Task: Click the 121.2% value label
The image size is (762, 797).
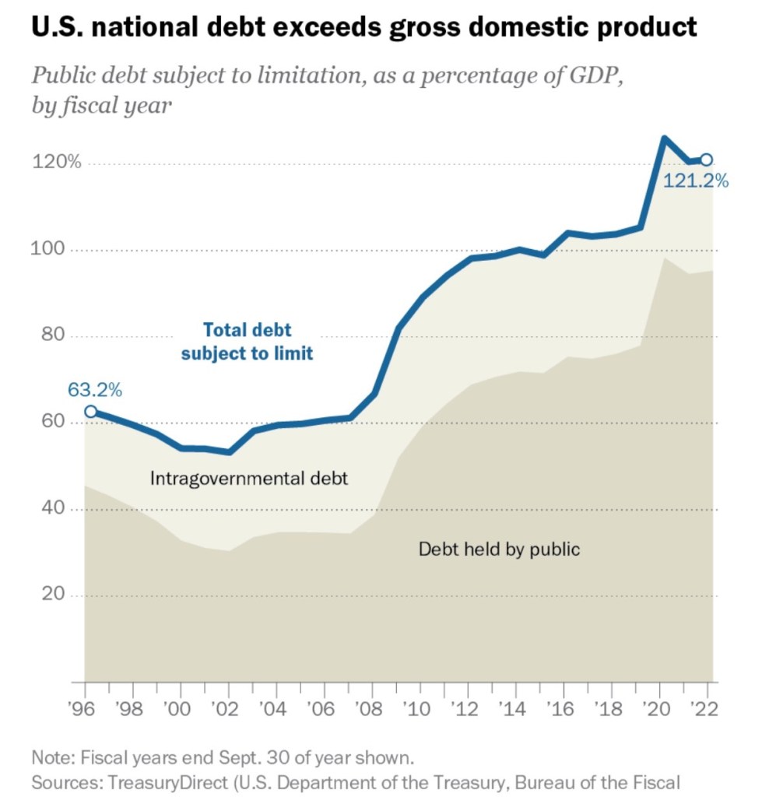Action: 695,181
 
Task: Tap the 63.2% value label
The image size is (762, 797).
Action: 95,390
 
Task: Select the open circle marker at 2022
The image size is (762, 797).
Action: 706,160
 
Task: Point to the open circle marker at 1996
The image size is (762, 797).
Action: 91,412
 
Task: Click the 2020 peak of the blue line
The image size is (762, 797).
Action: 664,139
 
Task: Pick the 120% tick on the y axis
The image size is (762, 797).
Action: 56,163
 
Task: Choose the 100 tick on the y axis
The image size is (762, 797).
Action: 50,250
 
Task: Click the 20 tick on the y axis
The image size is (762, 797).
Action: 50,595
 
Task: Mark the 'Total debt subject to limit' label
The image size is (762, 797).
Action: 247,341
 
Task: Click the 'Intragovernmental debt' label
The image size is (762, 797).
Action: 249,478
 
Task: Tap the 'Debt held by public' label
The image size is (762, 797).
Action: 499,549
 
